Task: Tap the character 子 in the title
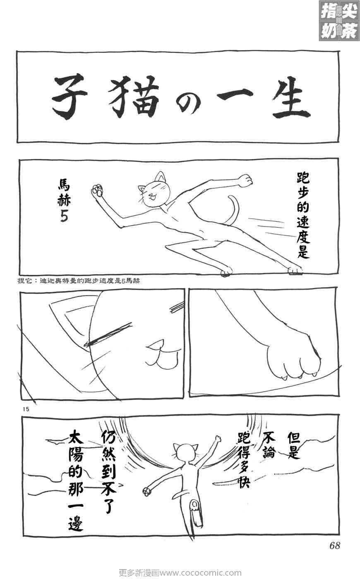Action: (71, 98)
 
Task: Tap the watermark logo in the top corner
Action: (338, 20)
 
